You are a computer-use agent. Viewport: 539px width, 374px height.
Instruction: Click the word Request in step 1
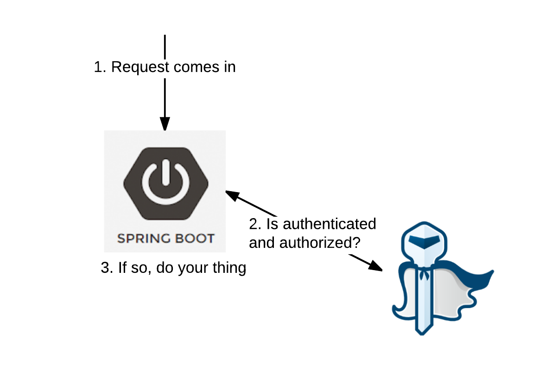click(140, 67)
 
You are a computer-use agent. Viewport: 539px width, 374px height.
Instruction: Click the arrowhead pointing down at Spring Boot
click(165, 124)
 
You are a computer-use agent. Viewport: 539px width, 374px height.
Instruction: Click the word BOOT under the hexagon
click(195, 239)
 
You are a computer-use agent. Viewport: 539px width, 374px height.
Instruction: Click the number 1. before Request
click(100, 67)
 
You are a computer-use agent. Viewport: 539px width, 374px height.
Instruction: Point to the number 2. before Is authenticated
click(255, 224)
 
